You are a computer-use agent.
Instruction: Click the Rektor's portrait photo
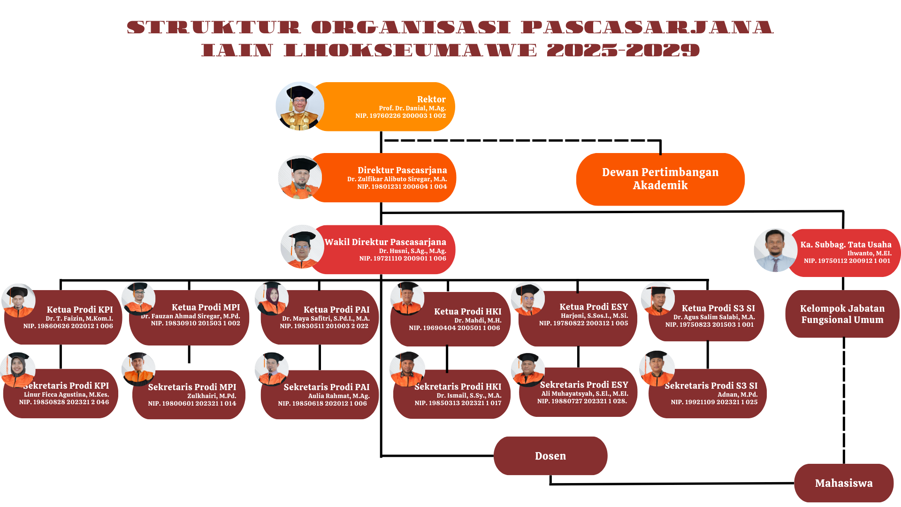tap(299, 107)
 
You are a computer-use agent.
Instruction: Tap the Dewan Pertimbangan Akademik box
tap(660, 179)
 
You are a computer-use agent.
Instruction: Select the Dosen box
tap(550, 456)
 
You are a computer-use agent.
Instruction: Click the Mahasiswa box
tap(843, 483)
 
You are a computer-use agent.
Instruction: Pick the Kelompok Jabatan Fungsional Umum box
tap(842, 314)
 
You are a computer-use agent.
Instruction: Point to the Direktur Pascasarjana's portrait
tap(300, 177)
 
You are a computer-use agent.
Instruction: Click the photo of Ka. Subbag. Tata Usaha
tap(775, 250)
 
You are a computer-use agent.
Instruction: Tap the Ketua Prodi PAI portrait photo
tap(271, 299)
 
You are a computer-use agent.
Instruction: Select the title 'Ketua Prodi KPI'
tap(80, 309)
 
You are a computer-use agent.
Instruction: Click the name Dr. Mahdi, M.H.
tap(478, 321)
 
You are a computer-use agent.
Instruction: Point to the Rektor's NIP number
tap(400, 116)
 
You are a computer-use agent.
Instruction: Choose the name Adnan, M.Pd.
tap(737, 395)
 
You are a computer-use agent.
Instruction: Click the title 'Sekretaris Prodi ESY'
tap(584, 385)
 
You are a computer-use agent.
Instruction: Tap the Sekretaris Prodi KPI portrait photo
tap(18, 369)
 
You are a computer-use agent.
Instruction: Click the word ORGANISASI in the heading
tap(411, 27)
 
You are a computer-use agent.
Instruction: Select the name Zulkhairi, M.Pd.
tap(212, 396)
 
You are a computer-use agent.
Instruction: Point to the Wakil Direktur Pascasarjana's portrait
tap(302, 247)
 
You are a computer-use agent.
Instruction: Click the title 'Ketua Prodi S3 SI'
tap(718, 308)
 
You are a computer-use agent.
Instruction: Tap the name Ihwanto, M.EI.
tap(869, 253)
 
